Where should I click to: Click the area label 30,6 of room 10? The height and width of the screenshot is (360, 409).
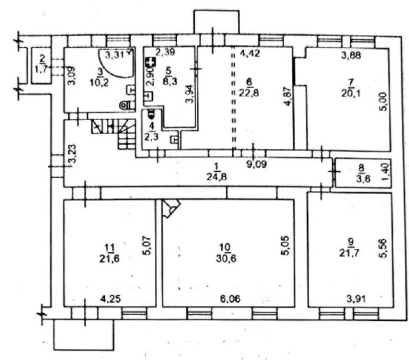pos(226,258)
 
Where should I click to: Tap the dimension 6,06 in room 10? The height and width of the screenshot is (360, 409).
pos(230,299)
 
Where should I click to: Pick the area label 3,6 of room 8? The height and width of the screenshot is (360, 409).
pos(362,179)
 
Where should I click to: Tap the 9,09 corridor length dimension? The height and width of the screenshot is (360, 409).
pos(257,165)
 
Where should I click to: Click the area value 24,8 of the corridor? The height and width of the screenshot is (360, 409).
pos(217,177)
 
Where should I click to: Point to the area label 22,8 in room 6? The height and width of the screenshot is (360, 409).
pos(249,93)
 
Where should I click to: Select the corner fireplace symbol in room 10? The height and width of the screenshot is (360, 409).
pos(171,208)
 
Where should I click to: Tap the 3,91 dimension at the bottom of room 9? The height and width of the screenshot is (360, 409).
pos(355,299)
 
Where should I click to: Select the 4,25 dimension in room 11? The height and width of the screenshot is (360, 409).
pos(110,299)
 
